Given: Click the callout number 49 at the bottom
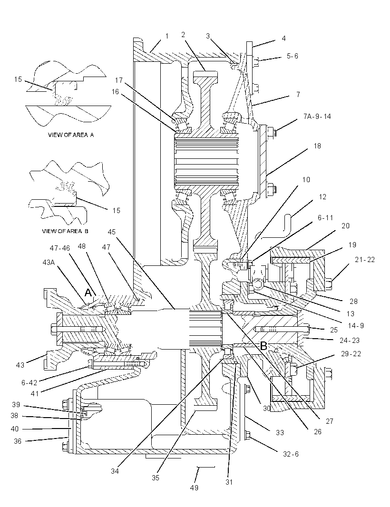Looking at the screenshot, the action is [x=194, y=487].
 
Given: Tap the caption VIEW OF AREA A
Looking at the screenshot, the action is [x=71, y=135].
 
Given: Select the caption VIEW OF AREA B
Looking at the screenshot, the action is [x=65, y=231].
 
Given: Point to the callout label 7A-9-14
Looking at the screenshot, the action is [x=317, y=117].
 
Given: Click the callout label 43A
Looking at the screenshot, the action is [x=49, y=262].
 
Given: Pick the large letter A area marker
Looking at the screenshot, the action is [x=88, y=292].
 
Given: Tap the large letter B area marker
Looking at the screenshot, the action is [x=263, y=346].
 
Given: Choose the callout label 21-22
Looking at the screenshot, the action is [x=365, y=260].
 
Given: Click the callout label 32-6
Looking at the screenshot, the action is [x=291, y=454].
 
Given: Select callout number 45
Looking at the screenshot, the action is [x=112, y=232].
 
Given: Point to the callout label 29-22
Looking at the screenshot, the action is [x=351, y=353].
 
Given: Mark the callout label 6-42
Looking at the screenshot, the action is [x=29, y=383].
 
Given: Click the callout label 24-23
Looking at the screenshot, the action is [x=350, y=340].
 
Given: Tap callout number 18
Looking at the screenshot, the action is [x=317, y=146].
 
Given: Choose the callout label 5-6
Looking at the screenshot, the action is [x=292, y=56].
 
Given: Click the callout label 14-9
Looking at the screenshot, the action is [x=356, y=326].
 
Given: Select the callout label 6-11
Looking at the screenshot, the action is [x=325, y=218].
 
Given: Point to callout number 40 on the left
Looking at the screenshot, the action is [x=15, y=429].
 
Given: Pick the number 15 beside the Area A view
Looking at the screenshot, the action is [x=18, y=79].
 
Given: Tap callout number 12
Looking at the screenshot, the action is [x=322, y=196].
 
